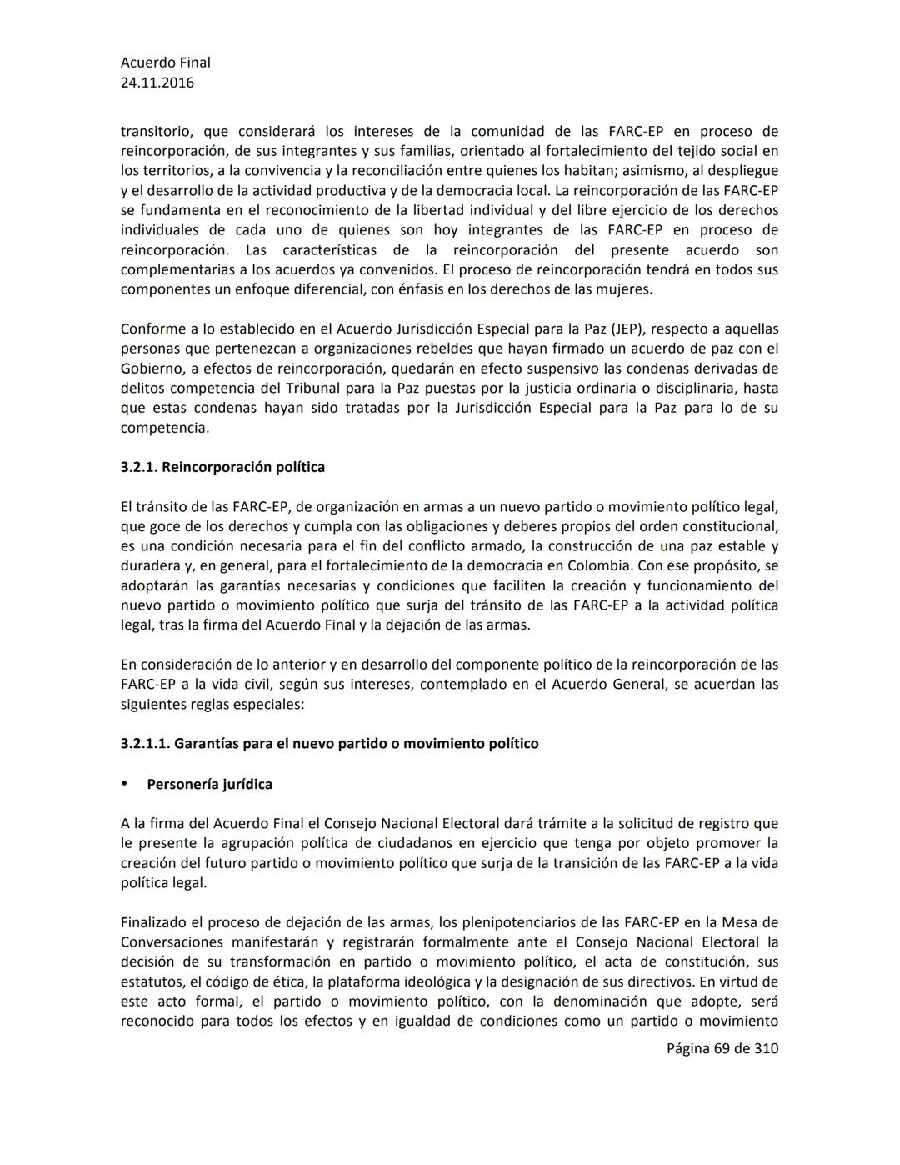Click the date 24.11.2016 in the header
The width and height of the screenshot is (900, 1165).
coord(157,83)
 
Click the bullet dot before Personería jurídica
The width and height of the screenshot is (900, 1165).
coord(125,783)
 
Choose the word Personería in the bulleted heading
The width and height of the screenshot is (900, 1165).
coord(182,784)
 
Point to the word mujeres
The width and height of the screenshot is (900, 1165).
coord(624,289)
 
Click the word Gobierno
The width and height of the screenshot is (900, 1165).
coord(152,369)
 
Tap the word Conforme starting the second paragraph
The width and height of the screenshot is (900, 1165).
coord(153,329)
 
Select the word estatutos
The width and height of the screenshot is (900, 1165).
coord(151,982)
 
